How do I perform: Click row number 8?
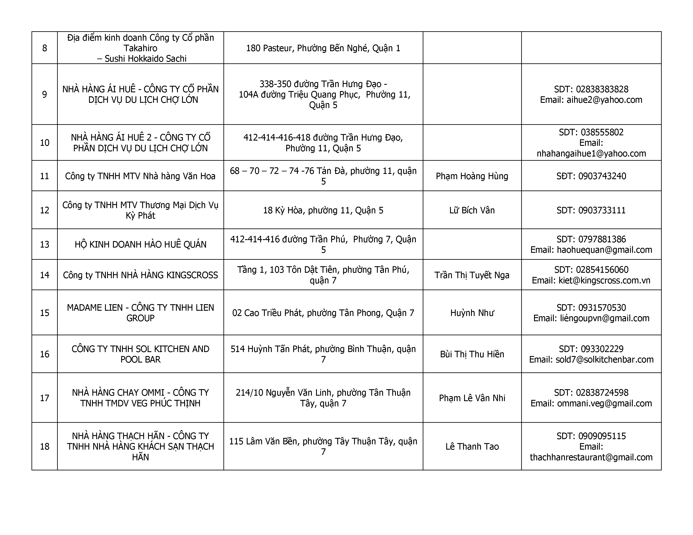click(45, 48)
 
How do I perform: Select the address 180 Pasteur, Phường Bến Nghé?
click(323, 48)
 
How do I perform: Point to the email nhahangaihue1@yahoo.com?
click(591, 153)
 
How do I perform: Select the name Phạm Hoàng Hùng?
click(472, 176)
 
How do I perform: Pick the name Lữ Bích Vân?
click(472, 210)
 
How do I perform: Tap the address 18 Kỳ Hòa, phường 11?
click(323, 210)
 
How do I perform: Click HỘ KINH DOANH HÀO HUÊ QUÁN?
click(140, 244)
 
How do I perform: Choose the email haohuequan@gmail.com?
click(604, 250)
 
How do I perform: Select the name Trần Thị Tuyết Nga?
click(472, 275)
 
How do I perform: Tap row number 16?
click(45, 354)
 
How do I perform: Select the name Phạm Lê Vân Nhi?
click(472, 398)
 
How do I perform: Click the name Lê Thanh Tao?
click(472, 447)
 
